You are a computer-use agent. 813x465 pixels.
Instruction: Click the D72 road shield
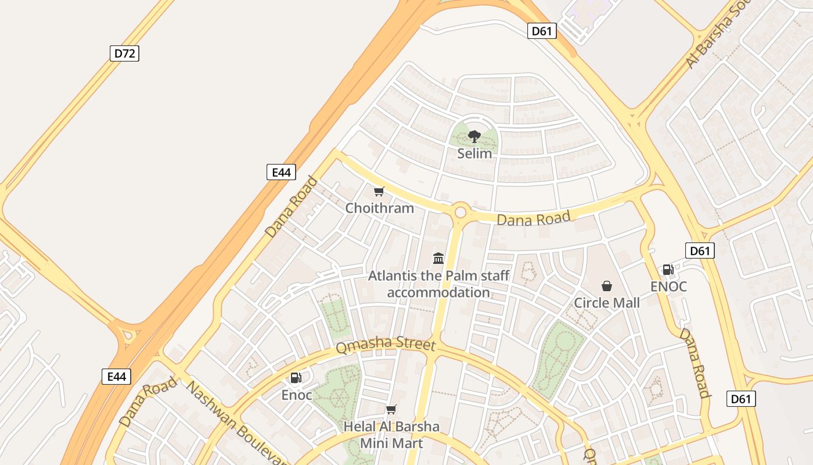124,53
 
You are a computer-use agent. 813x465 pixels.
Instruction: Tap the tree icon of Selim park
474,137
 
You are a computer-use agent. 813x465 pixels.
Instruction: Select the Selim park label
474,153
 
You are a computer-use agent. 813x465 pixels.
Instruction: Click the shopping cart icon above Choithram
379,192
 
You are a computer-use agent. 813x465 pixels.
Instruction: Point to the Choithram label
380,208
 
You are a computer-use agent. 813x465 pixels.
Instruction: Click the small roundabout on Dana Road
461,212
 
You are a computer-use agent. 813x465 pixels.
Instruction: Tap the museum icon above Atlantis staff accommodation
438,259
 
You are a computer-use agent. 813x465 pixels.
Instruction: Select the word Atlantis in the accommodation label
393,276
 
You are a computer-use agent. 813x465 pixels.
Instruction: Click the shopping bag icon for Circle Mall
607,286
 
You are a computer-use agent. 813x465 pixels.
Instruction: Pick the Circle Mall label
607,303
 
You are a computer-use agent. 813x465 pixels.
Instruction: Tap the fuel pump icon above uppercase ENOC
668,270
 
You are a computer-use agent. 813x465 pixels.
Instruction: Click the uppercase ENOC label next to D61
668,287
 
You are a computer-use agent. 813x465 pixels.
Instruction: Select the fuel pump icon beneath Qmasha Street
296,378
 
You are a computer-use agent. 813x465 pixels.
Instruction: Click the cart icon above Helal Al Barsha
391,410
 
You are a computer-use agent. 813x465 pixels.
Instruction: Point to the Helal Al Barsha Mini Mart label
391,435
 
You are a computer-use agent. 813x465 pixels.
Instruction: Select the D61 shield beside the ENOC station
700,251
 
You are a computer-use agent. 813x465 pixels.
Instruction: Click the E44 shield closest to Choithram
281,172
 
